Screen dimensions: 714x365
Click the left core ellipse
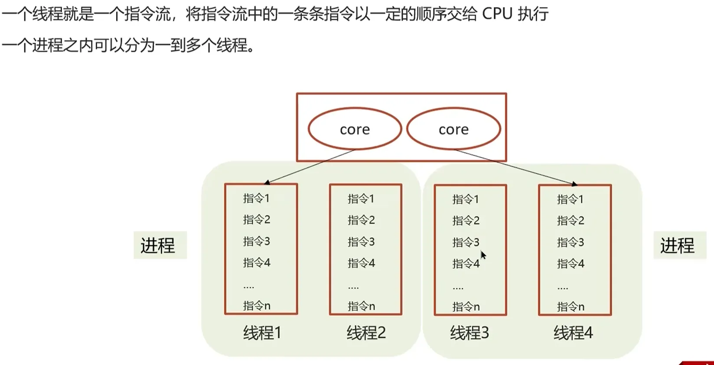coord(309,129)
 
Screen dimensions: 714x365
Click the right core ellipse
coord(407,129)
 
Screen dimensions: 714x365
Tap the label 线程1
coord(262,333)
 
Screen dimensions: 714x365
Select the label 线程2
coord(366,333)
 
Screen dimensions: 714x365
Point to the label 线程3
coord(469,333)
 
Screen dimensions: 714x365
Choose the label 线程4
coord(574,333)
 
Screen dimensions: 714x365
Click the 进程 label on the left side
coord(158,245)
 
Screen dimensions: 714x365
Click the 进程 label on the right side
coord(677,245)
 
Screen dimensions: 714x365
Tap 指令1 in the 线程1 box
coord(256,198)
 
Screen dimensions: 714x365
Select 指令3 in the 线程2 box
coord(361,242)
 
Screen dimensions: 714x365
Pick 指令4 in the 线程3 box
coord(466,264)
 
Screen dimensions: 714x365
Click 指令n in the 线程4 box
coord(571,306)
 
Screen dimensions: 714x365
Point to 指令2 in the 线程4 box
coord(571,221)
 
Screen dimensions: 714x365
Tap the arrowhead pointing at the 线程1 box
coord(267,182)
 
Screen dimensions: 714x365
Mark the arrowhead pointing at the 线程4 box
coord(574,184)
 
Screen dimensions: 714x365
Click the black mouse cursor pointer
coord(483,255)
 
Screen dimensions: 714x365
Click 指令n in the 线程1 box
coord(257,306)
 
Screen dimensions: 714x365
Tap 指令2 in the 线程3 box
coord(466,221)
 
